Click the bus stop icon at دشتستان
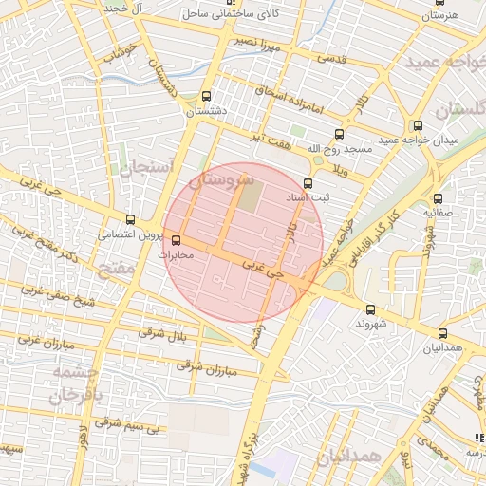point(207,97)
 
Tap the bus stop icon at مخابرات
point(175,240)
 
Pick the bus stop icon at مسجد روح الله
point(339,135)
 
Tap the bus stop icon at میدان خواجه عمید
point(418,126)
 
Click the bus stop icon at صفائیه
point(439,198)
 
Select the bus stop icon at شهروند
point(369,309)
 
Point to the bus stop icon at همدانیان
point(443,333)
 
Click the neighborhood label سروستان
point(223,180)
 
